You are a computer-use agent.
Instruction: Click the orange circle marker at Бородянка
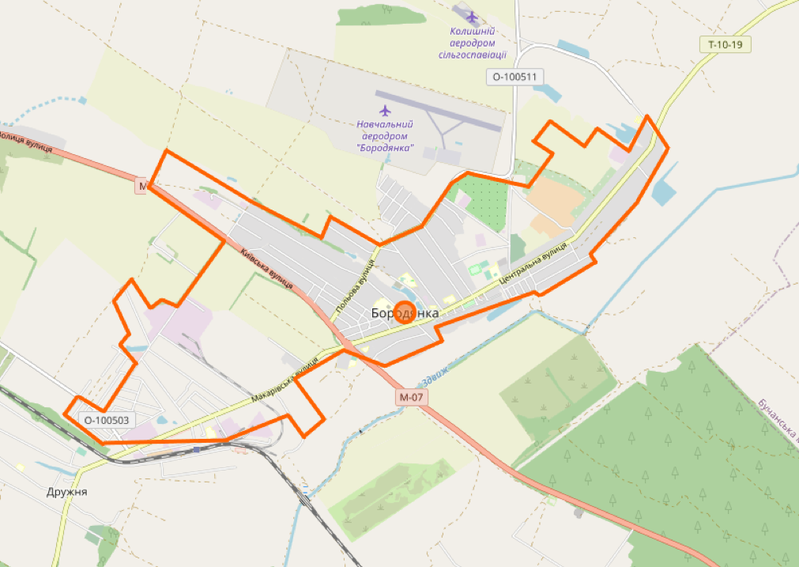405,312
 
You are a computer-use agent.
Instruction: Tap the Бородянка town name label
405,314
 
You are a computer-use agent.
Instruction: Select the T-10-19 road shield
725,44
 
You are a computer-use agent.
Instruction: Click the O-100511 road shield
514,77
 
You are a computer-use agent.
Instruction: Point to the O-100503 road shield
106,420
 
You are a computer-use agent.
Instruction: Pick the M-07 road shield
412,397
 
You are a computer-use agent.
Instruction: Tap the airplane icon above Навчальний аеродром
385,110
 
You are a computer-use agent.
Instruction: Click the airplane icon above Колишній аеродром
473,16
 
